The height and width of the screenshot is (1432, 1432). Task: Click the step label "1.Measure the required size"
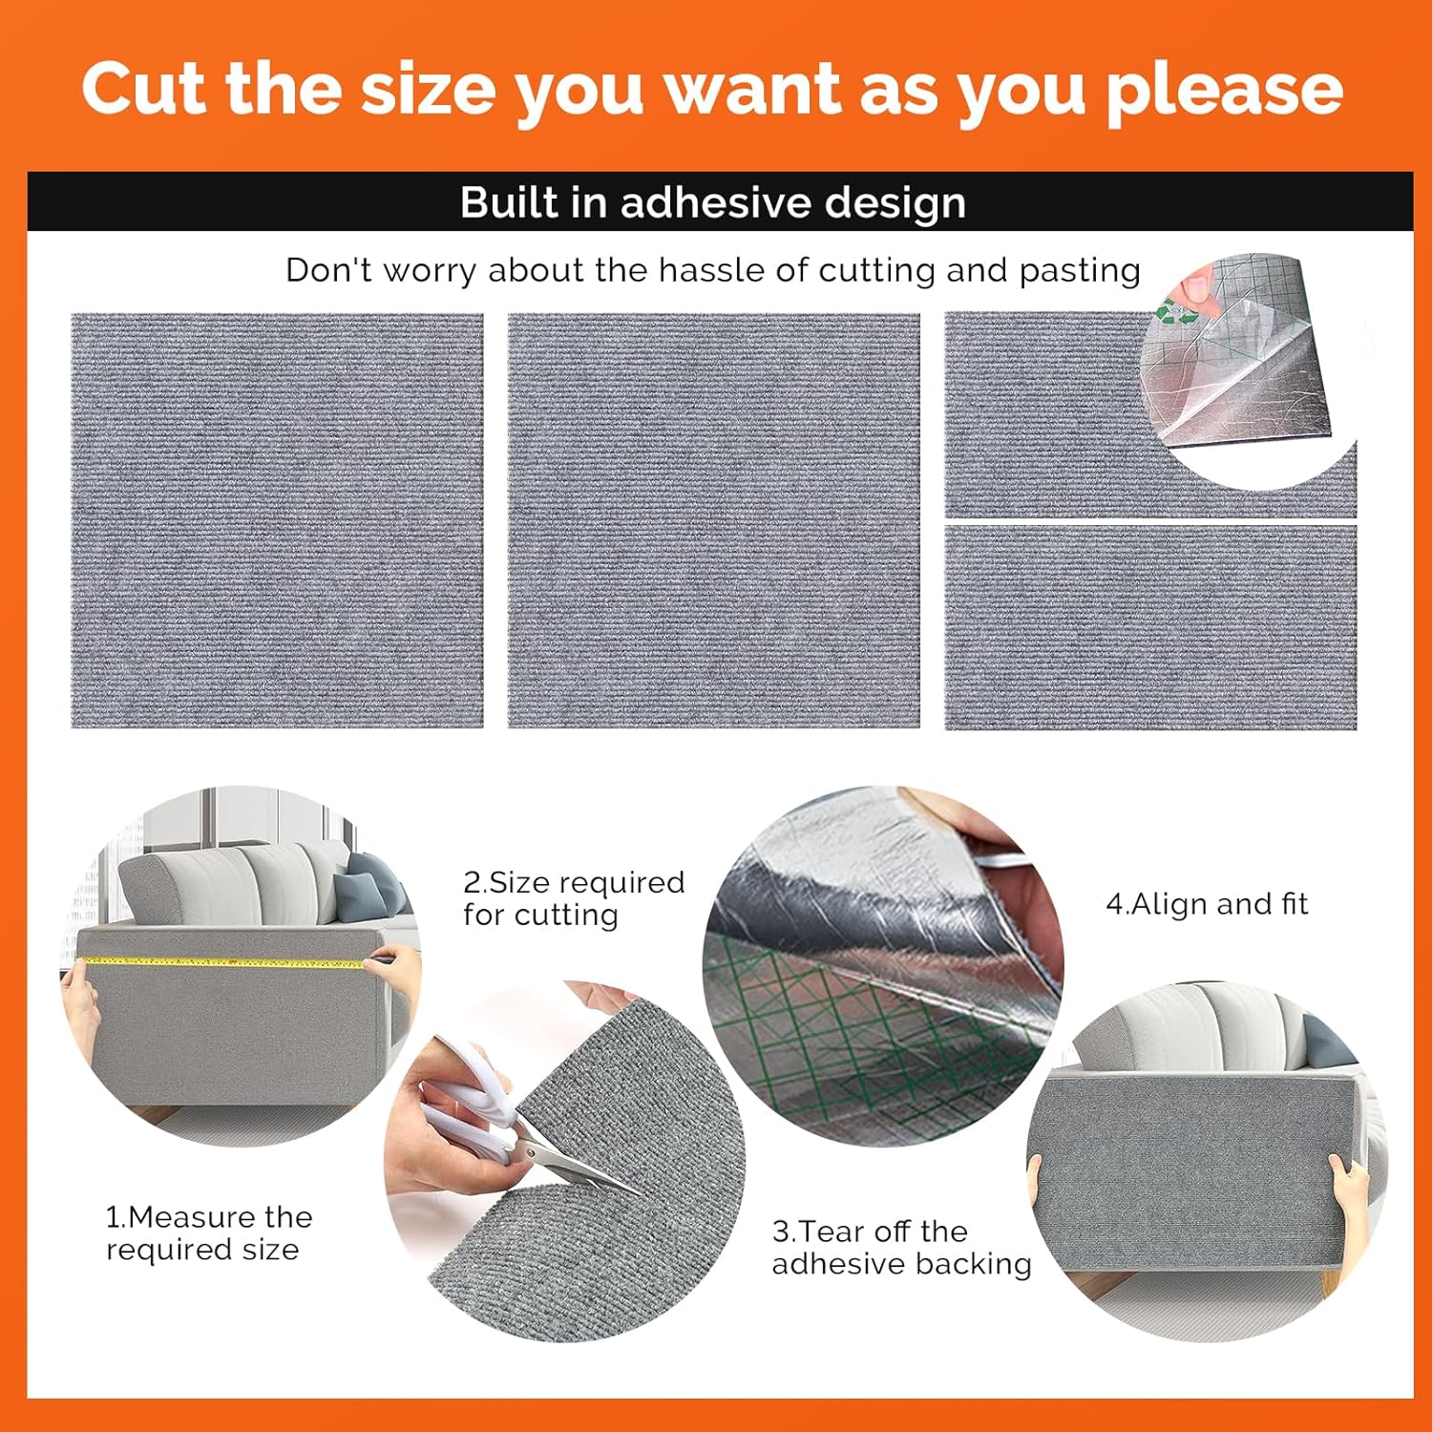point(208,1233)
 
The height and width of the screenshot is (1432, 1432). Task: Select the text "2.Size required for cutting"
point(573,898)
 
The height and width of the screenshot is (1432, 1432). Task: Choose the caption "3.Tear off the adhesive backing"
point(900,1247)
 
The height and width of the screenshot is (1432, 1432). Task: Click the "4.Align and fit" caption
point(1207,904)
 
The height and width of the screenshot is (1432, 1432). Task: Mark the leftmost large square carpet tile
point(277,520)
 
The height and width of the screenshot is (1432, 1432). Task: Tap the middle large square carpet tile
point(713,520)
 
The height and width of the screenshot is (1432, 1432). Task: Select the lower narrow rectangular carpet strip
point(1150,627)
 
